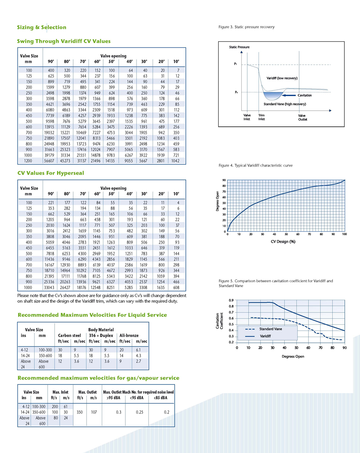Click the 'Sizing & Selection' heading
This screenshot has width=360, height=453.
41,27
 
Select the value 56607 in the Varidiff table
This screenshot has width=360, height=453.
49,161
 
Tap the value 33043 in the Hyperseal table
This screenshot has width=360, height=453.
49,287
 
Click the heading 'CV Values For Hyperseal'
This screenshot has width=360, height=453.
51,173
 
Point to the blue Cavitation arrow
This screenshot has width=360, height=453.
289,95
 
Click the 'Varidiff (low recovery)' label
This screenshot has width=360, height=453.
282,78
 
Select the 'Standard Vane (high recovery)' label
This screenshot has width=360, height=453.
285,104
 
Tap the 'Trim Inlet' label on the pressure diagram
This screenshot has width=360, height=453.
262,117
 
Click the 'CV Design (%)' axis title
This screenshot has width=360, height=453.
283,242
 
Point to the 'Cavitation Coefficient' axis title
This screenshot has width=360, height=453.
219,321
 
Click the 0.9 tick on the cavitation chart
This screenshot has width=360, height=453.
231,300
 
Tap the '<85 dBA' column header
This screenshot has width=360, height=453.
160,398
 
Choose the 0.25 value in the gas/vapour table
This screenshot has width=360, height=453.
140,412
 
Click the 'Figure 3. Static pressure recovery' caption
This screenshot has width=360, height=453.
247,27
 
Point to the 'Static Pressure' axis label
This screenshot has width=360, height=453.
239,47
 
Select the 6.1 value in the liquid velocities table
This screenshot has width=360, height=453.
138,350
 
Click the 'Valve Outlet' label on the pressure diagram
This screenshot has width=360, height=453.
303,117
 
